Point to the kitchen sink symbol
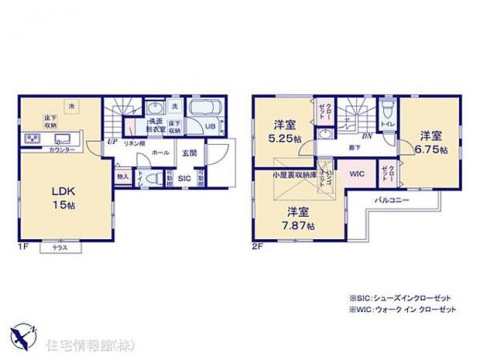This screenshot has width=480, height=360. [62, 139]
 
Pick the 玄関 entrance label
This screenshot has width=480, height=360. [190, 154]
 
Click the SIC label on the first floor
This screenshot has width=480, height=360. [184, 178]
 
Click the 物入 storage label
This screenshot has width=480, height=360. [122, 177]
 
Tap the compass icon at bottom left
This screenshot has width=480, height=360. [22, 334]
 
